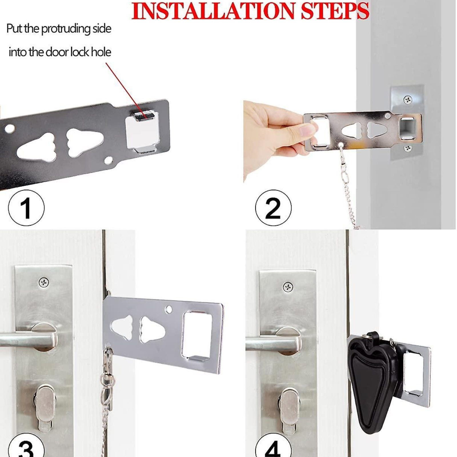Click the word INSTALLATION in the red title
[x=213, y=11]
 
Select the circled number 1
[x=26, y=208]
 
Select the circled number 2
[x=273, y=208]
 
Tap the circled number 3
[x=26, y=447]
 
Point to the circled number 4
[x=273, y=447]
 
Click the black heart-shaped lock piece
[x=371, y=380]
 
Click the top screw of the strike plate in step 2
[x=408, y=100]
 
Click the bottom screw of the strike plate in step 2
[x=408, y=148]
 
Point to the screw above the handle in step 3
[x=44, y=282]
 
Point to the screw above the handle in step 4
[x=288, y=286]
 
